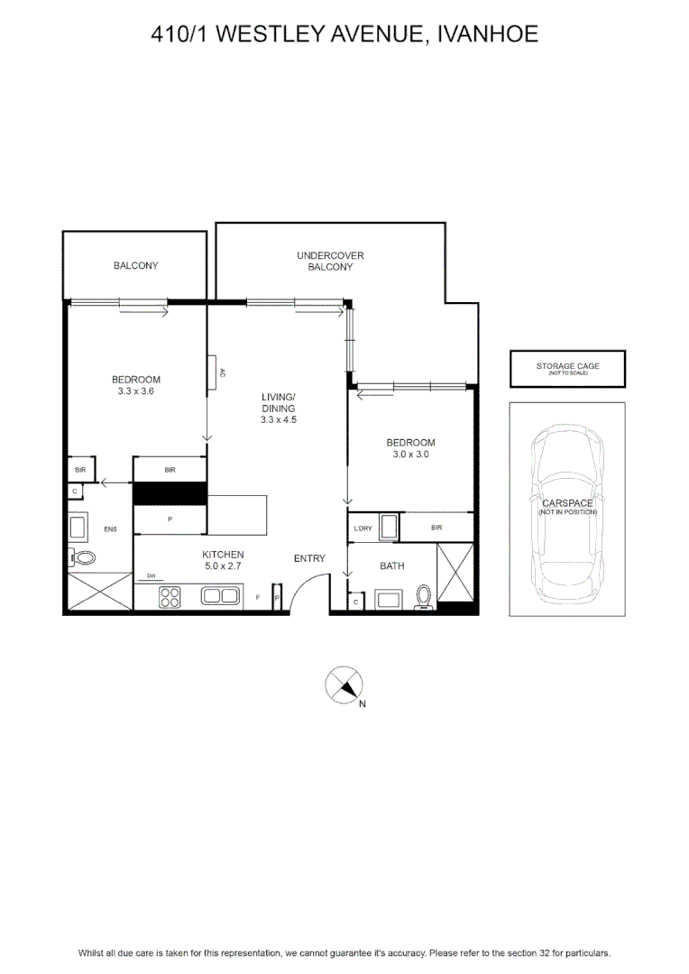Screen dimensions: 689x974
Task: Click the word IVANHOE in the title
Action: (x=488, y=33)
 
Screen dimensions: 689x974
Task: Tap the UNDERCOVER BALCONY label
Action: (x=330, y=261)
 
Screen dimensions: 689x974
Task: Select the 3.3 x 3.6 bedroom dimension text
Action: (x=136, y=391)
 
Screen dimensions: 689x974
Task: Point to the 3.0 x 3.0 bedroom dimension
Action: (x=410, y=454)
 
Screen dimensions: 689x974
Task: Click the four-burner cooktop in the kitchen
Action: (x=170, y=597)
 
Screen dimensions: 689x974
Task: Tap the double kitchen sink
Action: (x=220, y=596)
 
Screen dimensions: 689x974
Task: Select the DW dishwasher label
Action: (x=152, y=575)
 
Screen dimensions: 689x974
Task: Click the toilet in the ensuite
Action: (x=81, y=557)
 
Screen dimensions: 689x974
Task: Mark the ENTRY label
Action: (x=309, y=558)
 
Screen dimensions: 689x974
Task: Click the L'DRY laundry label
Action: (x=363, y=528)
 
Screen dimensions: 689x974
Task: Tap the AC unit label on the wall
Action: (x=223, y=372)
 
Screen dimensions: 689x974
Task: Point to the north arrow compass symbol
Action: (x=344, y=685)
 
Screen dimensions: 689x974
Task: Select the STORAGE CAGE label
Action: (x=568, y=366)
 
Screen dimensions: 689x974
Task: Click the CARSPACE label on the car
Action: (x=568, y=503)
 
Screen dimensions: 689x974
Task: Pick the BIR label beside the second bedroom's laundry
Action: (x=436, y=528)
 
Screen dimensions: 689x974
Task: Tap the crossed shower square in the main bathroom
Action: (x=455, y=572)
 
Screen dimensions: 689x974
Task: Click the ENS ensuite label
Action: (x=110, y=529)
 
